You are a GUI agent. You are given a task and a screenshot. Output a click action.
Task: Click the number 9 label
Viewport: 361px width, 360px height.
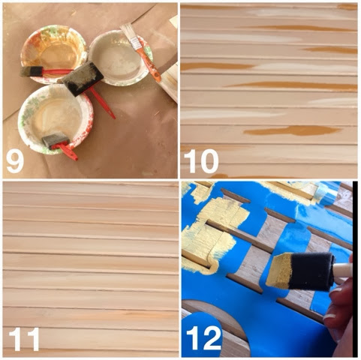click(15, 160)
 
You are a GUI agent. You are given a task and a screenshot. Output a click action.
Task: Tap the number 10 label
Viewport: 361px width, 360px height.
click(201, 161)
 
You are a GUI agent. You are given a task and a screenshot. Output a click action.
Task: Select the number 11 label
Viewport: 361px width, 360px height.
click(24, 339)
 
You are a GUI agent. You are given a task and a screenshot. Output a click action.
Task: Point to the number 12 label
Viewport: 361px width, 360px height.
click(204, 338)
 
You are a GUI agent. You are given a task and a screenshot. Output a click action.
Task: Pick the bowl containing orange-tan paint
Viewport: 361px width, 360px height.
click(54, 53)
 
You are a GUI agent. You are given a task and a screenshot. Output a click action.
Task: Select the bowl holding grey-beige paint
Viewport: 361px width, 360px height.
click(121, 57)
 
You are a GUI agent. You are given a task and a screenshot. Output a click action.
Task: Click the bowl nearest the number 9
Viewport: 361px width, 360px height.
click(56, 118)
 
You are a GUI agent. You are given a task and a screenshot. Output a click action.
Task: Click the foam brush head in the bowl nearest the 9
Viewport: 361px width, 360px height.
click(56, 141)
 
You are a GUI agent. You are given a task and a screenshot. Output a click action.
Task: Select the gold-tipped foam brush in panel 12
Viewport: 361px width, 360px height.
click(309, 271)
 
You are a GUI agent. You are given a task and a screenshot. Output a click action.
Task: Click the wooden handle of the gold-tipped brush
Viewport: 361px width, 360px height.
click(343, 269)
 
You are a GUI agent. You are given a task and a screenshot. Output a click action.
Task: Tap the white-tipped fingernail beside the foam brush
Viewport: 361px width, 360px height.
click(330, 316)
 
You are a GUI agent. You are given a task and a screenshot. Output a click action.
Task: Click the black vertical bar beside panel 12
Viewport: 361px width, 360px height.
click(355, 269)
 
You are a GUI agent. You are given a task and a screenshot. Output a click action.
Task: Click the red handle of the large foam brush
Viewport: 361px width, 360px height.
click(101, 103)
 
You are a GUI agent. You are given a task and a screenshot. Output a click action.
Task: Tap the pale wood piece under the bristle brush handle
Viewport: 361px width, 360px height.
click(170, 82)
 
